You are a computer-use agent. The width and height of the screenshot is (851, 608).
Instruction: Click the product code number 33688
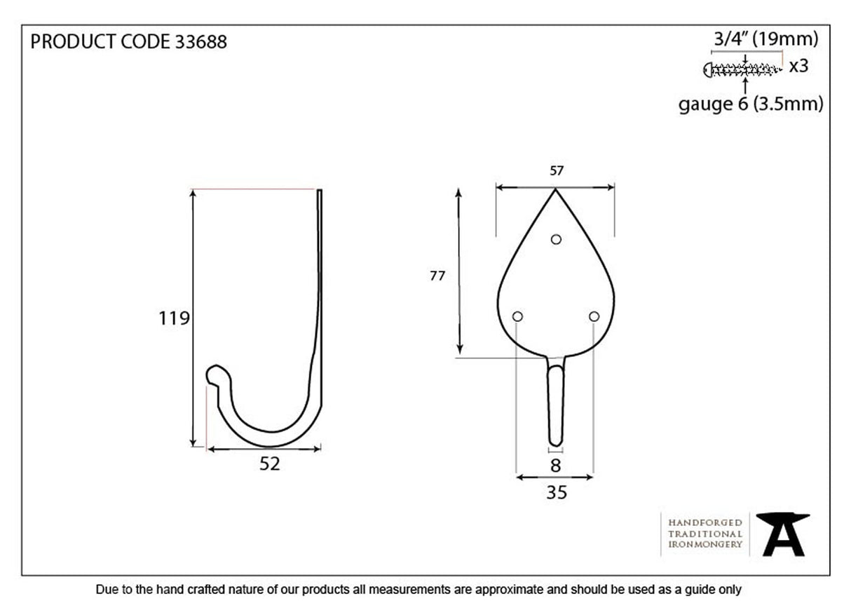click(200, 42)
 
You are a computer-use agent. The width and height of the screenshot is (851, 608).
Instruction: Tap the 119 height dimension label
click(174, 318)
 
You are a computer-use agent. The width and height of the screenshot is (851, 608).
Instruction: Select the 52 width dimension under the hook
click(269, 464)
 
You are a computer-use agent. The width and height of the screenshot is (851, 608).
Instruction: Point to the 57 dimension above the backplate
click(557, 170)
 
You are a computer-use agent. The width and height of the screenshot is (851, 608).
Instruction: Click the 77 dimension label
click(437, 276)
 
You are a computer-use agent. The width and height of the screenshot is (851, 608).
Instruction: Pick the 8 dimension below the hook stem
click(556, 466)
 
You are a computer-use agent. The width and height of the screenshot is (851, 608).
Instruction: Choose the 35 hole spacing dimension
click(556, 493)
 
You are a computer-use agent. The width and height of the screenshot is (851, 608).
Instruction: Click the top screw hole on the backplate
click(556, 239)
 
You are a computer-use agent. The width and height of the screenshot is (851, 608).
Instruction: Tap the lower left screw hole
click(517, 317)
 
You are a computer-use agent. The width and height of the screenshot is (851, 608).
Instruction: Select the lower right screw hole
click(594, 317)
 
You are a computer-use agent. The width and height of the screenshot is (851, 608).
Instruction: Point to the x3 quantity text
click(798, 67)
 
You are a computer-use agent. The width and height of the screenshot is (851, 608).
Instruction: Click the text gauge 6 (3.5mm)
click(750, 104)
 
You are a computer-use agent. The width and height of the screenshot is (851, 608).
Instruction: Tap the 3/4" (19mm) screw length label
click(765, 39)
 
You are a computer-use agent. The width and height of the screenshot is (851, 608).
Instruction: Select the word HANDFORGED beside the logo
click(704, 523)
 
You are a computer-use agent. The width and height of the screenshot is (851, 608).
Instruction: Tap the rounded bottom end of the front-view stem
click(556, 441)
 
